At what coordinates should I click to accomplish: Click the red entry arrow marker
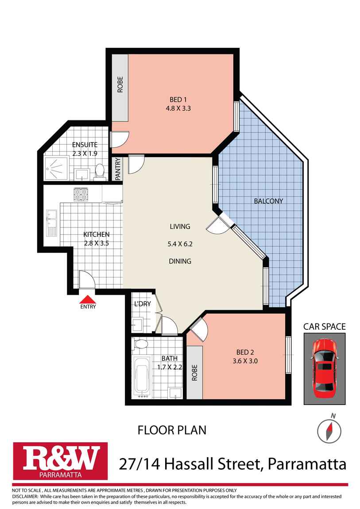click(88, 300)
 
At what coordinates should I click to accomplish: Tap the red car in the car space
click(324, 368)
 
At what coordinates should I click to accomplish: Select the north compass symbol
click(329, 429)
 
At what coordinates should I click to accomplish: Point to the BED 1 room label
click(179, 99)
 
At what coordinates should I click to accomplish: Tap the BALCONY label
click(268, 201)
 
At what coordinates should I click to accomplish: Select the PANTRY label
click(118, 169)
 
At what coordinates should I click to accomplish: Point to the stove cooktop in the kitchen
click(81, 194)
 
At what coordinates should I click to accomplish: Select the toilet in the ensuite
click(101, 171)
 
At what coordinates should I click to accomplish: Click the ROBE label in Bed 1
click(120, 85)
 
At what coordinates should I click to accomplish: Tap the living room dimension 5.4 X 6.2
click(179, 244)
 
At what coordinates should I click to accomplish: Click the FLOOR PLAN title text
click(172, 430)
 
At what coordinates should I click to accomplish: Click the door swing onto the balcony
click(217, 226)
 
